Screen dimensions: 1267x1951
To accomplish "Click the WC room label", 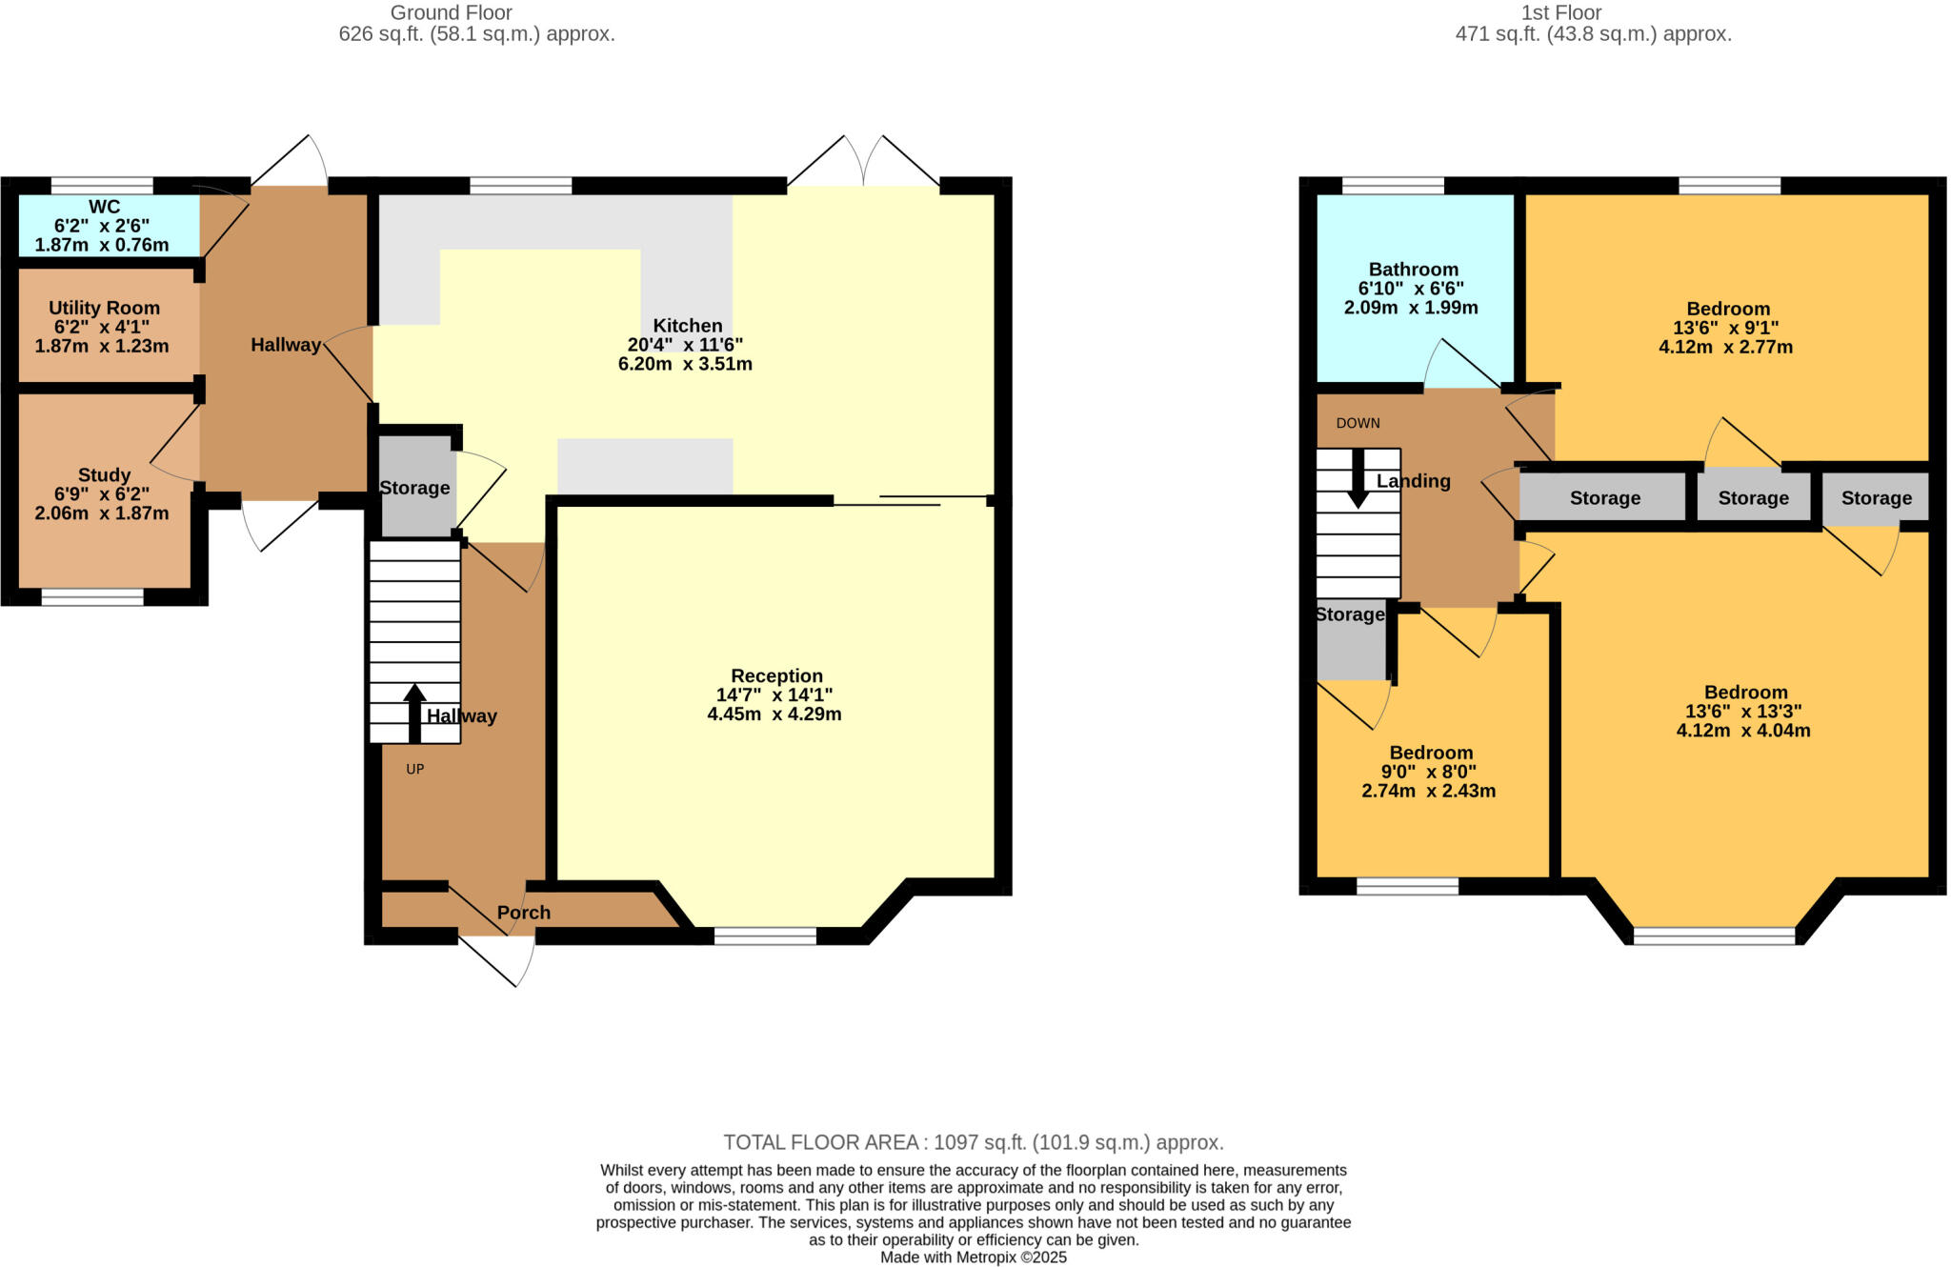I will click(x=104, y=207).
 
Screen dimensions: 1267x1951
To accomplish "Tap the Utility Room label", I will click(x=104, y=308).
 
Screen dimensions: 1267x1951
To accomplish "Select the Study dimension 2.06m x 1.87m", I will click(x=102, y=513).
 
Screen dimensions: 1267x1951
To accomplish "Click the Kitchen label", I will click(x=687, y=326).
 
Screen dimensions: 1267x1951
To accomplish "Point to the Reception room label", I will click(x=776, y=675).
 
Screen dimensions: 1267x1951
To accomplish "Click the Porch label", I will click(x=523, y=913).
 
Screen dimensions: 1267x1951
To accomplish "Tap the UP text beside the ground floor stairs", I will click(x=414, y=769).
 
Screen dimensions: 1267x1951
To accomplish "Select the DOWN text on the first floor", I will click(x=1358, y=423).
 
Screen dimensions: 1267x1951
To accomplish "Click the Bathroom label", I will click(x=1413, y=270).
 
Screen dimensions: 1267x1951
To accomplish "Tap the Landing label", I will click(x=1413, y=481).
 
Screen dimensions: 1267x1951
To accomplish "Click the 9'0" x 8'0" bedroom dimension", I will click(x=1428, y=772).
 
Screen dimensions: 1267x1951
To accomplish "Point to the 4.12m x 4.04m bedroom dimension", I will click(x=1743, y=731).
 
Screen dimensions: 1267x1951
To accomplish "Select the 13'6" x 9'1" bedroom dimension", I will click(x=1726, y=328).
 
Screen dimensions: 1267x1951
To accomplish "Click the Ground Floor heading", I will click(x=451, y=12).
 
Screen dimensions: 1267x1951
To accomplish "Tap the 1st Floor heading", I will click(x=1560, y=12).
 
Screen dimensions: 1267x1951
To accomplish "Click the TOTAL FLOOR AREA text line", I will click(x=973, y=1142).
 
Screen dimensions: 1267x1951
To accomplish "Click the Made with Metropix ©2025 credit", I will click(x=973, y=1257).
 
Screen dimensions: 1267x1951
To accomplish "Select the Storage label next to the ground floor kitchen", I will click(x=414, y=488).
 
